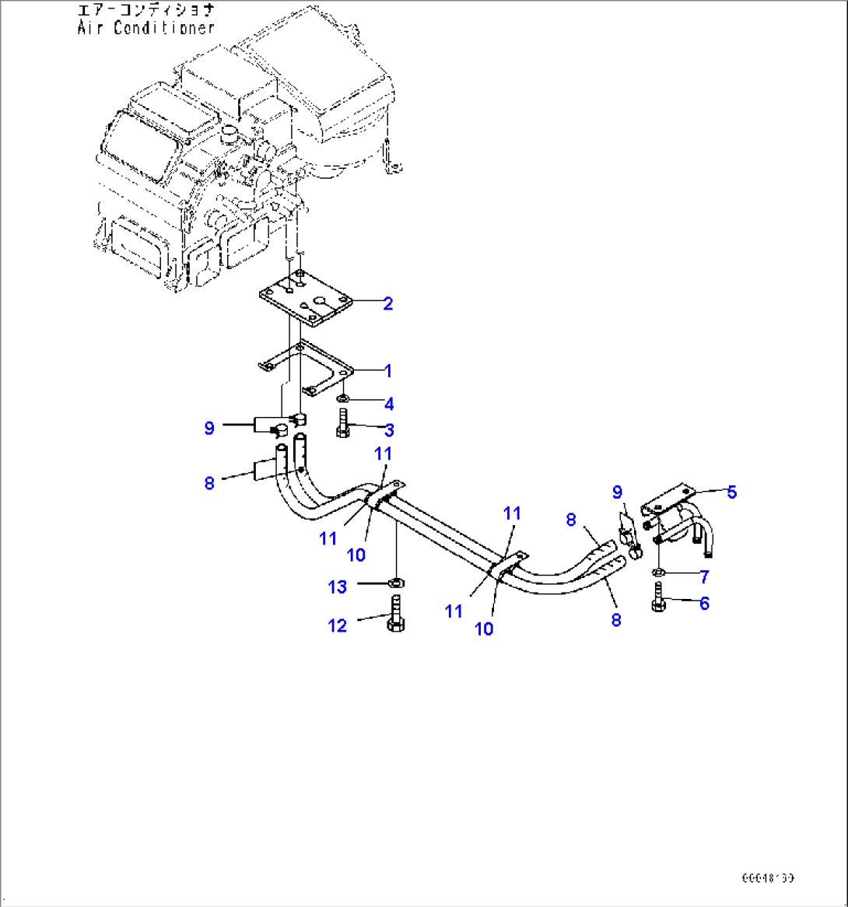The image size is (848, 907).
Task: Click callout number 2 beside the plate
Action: pos(387,303)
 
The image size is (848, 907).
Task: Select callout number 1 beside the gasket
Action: pos(387,370)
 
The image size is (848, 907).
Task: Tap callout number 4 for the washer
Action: pos(389,404)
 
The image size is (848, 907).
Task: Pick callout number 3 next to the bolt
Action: pos(389,429)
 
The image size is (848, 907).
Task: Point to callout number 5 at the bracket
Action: pos(731,492)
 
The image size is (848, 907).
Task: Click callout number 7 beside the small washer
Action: pos(705,577)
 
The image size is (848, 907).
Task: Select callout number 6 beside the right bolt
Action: pos(705,603)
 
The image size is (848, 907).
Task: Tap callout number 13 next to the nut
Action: pos(337,587)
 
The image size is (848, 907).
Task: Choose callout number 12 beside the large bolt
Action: pos(337,624)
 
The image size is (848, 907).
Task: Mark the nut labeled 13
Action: pos(395,582)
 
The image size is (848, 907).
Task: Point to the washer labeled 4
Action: pos(342,398)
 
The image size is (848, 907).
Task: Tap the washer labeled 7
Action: pos(657,574)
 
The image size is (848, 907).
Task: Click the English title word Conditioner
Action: pos(164,28)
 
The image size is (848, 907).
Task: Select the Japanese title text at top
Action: pos(145,11)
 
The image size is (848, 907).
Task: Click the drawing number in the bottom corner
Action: pos(767,877)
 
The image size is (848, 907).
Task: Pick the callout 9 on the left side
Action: pos(208,428)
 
